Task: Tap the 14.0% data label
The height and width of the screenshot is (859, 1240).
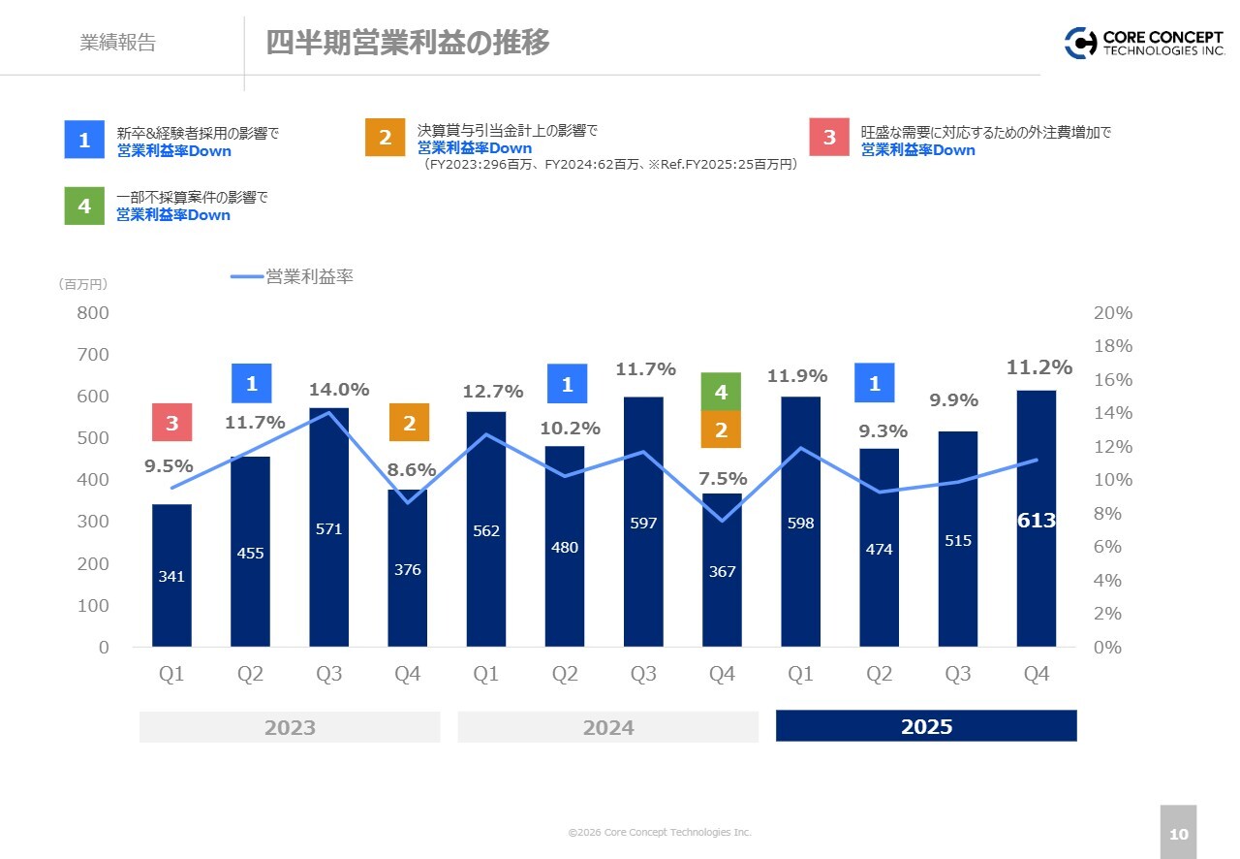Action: pyautogui.click(x=339, y=390)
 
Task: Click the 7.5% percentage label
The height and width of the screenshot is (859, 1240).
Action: pyautogui.click(x=723, y=478)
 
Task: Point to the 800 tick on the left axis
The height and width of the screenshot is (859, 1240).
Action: pyautogui.click(x=93, y=313)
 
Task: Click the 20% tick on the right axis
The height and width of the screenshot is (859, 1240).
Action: pyautogui.click(x=1112, y=313)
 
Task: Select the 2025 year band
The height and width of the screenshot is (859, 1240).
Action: pyautogui.click(x=926, y=726)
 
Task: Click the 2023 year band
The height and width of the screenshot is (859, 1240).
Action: pyautogui.click(x=290, y=727)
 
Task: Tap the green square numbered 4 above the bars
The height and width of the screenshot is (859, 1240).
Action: pyautogui.click(x=721, y=392)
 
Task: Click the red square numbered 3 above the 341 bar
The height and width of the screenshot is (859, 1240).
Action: pyautogui.click(x=171, y=423)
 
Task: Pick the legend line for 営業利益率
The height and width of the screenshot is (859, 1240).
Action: pyautogui.click(x=247, y=277)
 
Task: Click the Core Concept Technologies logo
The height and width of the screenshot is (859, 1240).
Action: pyautogui.click(x=1144, y=43)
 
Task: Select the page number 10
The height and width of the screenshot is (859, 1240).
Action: pyautogui.click(x=1178, y=834)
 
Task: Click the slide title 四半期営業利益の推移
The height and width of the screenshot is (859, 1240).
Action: pyautogui.click(x=408, y=43)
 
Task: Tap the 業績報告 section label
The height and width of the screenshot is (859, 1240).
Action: pyautogui.click(x=117, y=44)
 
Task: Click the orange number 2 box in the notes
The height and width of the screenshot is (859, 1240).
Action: pyautogui.click(x=385, y=137)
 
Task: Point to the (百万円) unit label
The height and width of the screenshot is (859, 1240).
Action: pyautogui.click(x=82, y=284)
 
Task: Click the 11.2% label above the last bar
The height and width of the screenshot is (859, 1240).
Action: pyautogui.click(x=1039, y=367)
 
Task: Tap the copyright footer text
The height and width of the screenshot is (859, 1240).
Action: pyautogui.click(x=660, y=833)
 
